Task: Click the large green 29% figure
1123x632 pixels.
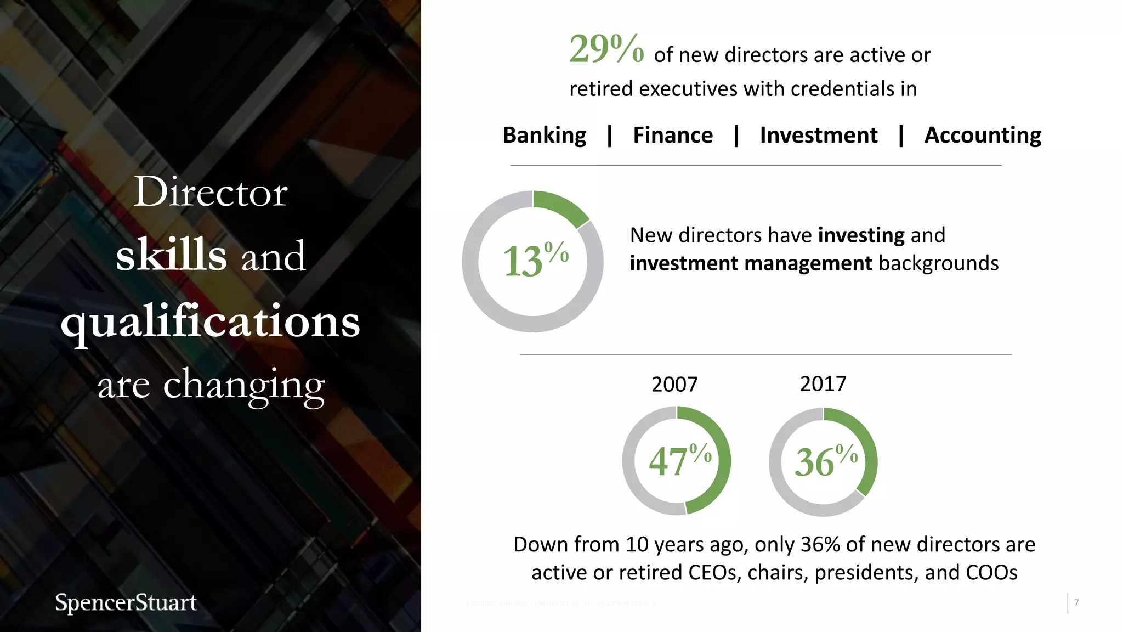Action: (x=606, y=49)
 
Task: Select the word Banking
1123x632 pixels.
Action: (x=544, y=136)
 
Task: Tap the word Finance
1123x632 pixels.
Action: (x=673, y=136)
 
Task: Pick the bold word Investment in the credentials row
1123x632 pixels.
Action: (x=818, y=136)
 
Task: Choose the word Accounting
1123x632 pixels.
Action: (x=982, y=136)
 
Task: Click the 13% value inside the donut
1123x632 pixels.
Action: (x=535, y=260)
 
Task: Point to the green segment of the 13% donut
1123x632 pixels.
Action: (x=560, y=207)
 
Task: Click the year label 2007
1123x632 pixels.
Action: (x=674, y=385)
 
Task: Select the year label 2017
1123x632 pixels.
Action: (x=823, y=384)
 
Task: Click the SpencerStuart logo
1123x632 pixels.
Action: (x=126, y=602)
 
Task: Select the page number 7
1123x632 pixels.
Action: (x=1076, y=603)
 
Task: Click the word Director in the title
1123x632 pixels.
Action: (x=211, y=193)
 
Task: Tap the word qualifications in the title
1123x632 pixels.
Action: (x=211, y=322)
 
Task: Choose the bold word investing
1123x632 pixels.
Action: (x=861, y=235)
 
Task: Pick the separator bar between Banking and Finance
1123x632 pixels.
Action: (x=610, y=136)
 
